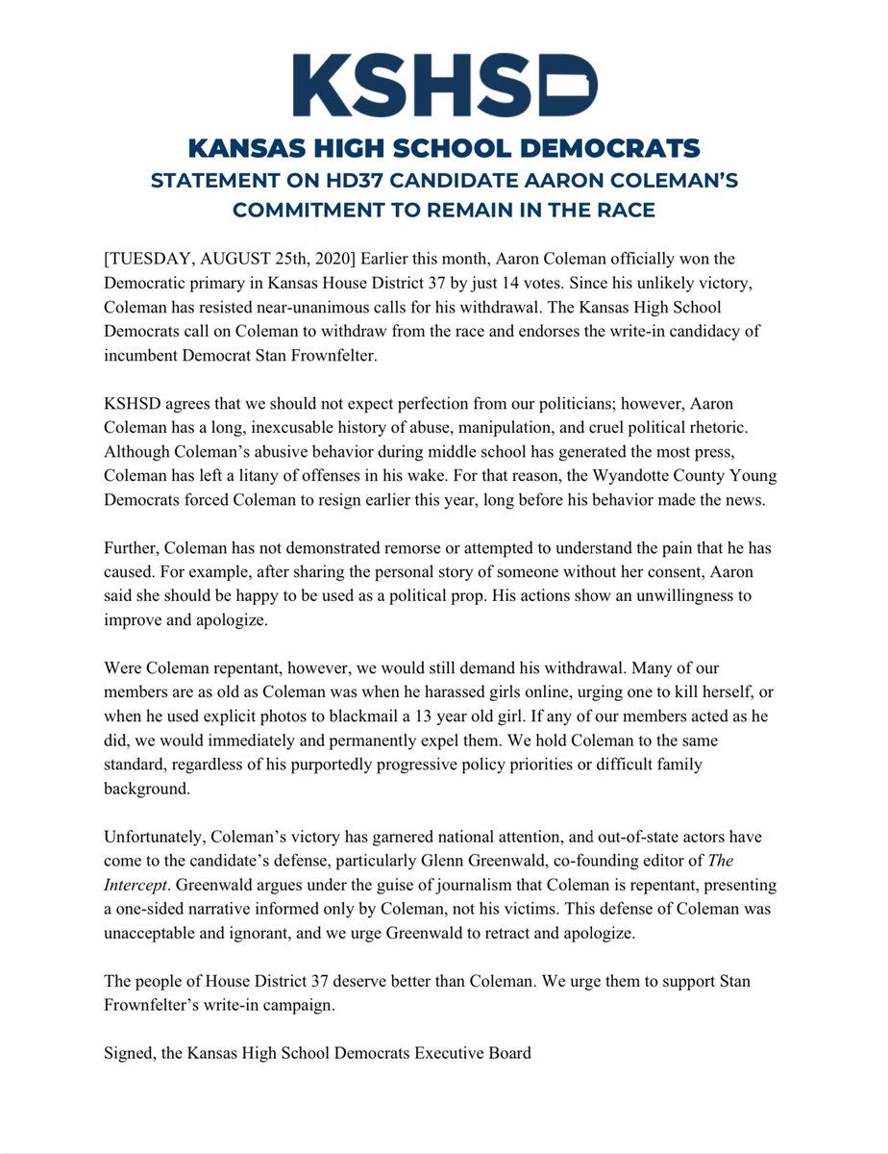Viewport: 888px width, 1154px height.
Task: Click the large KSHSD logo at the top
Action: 445,86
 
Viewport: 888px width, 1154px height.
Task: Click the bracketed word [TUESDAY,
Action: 150,261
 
